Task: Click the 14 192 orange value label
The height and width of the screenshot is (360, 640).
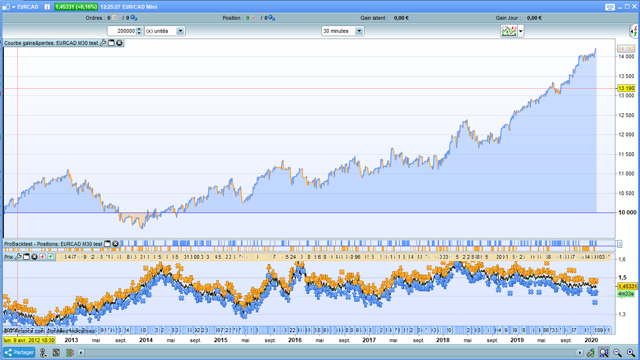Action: [x=626, y=49]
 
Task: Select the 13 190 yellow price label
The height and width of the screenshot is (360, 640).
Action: [x=626, y=88]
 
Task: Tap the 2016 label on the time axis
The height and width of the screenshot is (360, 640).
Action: [x=294, y=340]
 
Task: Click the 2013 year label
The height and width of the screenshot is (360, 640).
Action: [x=71, y=340]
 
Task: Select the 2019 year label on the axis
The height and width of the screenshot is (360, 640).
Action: [x=517, y=340]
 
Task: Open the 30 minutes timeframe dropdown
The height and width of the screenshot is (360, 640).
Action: [x=343, y=31]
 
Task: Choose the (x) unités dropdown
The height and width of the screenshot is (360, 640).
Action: [x=164, y=31]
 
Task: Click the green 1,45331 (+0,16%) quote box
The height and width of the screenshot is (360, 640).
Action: [x=76, y=7]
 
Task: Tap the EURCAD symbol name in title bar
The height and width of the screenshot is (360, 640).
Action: [x=27, y=7]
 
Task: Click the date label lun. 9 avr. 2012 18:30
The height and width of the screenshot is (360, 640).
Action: [x=29, y=340]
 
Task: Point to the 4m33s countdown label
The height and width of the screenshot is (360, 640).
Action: [x=626, y=293]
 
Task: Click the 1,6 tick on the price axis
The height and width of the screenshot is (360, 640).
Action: [x=622, y=260]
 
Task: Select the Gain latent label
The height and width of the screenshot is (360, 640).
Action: [x=373, y=18]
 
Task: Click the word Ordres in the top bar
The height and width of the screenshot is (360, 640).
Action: [x=94, y=18]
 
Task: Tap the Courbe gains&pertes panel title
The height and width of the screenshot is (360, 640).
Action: [x=51, y=43]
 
